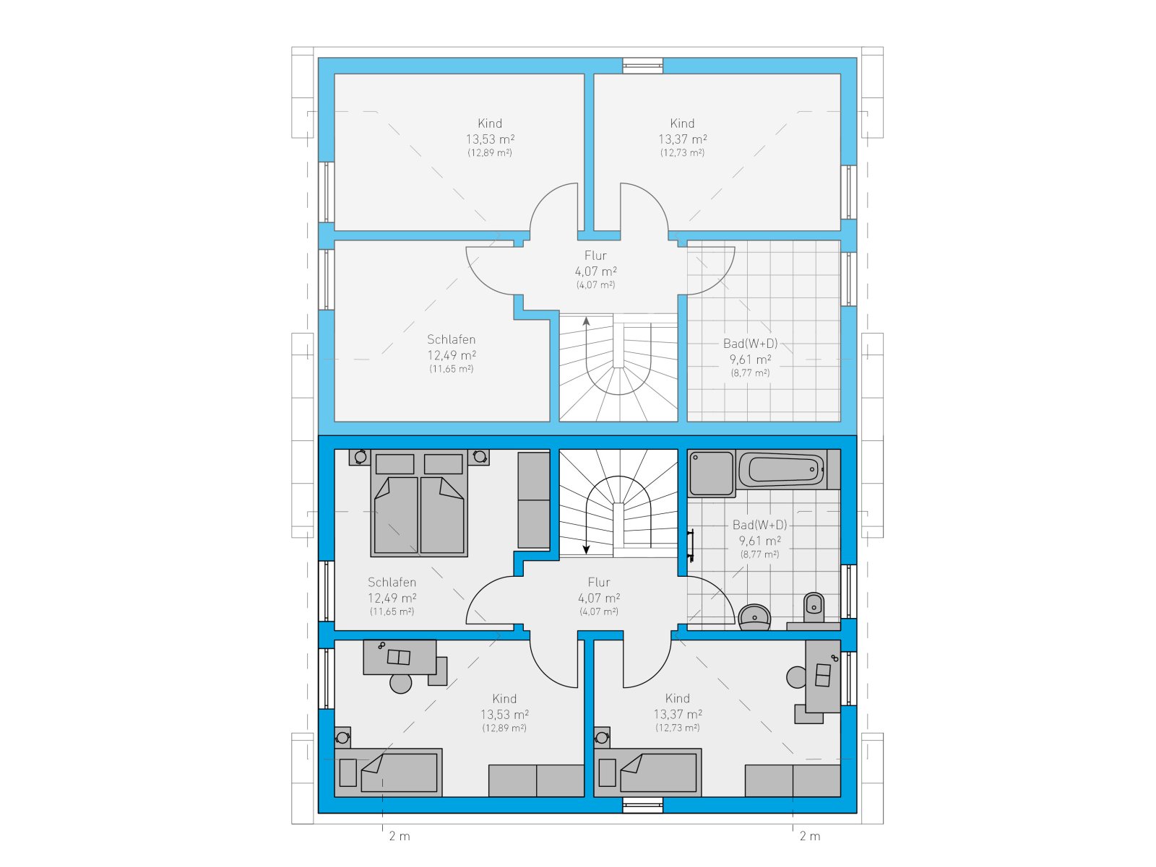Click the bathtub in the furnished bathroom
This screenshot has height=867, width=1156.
click(782, 469)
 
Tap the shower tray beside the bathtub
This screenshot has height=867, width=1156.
click(711, 473)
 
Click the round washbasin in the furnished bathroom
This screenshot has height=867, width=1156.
click(754, 617)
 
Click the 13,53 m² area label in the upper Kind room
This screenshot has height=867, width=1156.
click(489, 139)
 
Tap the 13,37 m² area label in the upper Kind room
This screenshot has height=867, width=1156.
click(682, 139)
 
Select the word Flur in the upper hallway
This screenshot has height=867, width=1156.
click(595, 256)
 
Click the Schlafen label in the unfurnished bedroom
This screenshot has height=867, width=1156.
click(451, 339)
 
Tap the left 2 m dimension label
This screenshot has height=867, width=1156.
click(400, 836)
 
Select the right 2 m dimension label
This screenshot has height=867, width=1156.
click(809, 836)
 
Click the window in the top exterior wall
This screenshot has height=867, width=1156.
click(642, 66)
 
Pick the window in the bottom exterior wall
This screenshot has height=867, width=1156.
click(642, 805)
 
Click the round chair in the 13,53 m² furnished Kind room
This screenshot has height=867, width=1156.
click(400, 683)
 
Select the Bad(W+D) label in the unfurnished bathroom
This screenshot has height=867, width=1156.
click(750, 344)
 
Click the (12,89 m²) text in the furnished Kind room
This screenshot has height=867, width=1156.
click(504, 728)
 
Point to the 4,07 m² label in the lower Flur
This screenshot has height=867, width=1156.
click(599, 598)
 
